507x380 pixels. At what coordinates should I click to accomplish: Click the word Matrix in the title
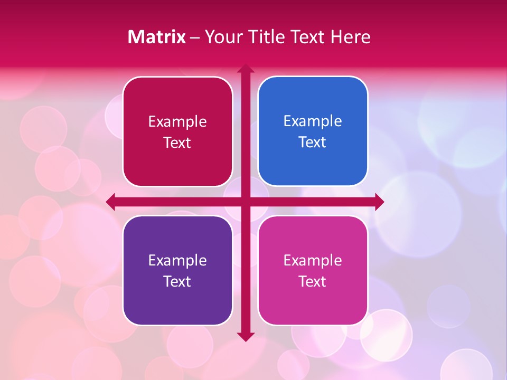pos(156,37)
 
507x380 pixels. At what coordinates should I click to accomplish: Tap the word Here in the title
pos(351,37)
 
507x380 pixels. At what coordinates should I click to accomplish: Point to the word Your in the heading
pos(223,37)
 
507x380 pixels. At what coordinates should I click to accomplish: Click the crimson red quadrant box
pos(177,132)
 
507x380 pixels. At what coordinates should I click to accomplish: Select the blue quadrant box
pos(313,131)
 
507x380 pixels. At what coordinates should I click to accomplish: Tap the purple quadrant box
pos(177,271)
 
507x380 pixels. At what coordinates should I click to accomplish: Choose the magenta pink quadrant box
pos(313,271)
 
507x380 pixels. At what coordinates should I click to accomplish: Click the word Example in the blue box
pos(313,121)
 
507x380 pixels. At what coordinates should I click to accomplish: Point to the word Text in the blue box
pos(313,142)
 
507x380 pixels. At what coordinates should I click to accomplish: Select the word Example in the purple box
pos(177,260)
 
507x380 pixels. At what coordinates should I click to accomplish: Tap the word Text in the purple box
pos(177,281)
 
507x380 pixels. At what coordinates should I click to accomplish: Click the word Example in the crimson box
pos(177,121)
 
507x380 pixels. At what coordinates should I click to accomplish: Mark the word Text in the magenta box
pos(313,281)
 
